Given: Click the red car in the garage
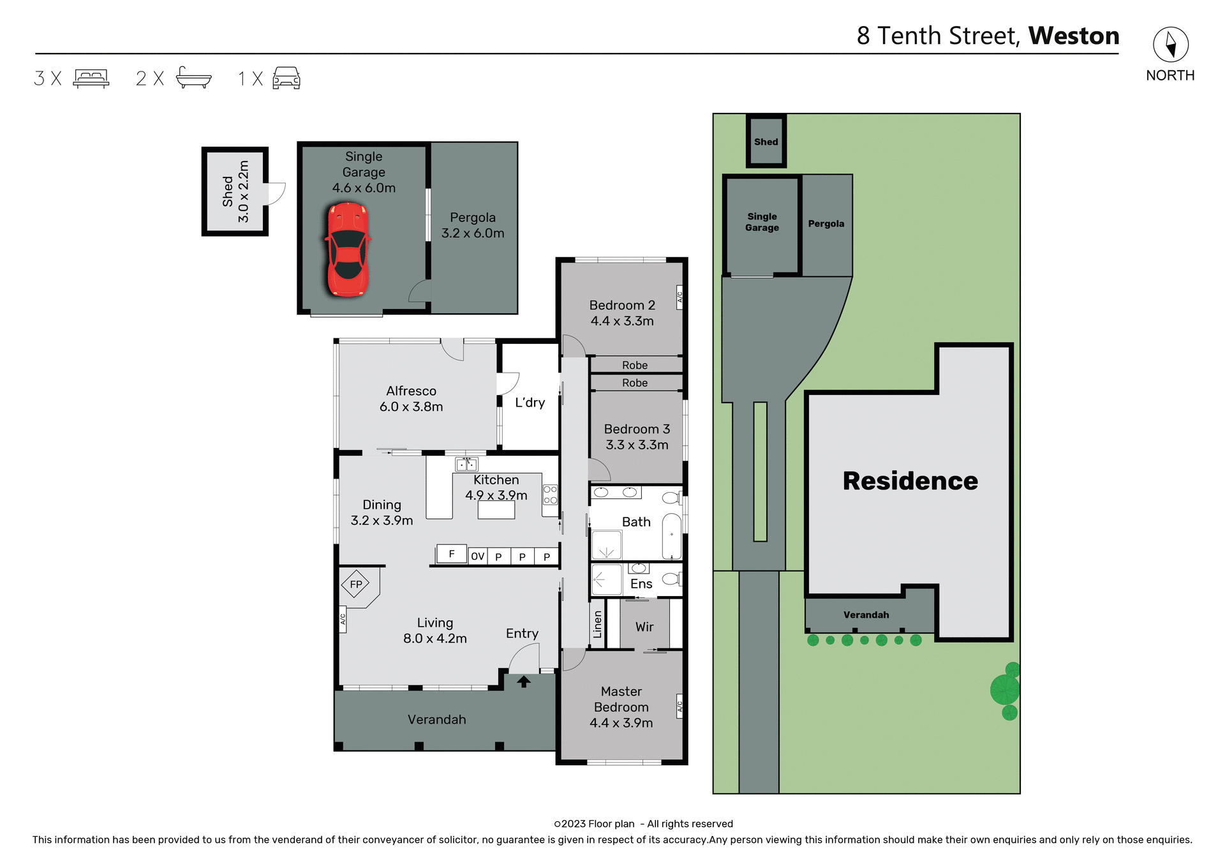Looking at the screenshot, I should click(348, 250).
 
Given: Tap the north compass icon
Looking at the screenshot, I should click(1170, 45).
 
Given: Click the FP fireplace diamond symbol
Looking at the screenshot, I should click(355, 584).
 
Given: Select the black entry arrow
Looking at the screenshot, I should click(524, 682).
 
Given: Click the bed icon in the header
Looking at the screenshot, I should click(91, 78).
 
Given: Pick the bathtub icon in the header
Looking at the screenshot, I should click(193, 78).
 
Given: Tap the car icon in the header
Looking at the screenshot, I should click(286, 78).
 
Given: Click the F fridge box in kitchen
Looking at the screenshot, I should click(452, 554).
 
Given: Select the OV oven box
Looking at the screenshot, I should click(478, 556).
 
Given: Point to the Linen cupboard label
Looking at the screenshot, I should click(598, 624).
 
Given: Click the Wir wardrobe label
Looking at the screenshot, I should click(644, 627).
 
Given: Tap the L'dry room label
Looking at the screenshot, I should click(530, 403).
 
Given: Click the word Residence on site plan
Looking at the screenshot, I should click(910, 481).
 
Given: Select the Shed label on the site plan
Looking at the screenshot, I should click(766, 142).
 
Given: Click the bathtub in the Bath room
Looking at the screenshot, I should click(671, 536).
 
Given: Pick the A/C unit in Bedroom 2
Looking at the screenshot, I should click(679, 297).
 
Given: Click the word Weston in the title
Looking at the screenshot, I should click(1073, 36).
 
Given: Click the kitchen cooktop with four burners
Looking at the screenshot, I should click(550, 495).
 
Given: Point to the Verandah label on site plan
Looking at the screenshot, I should click(866, 615).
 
